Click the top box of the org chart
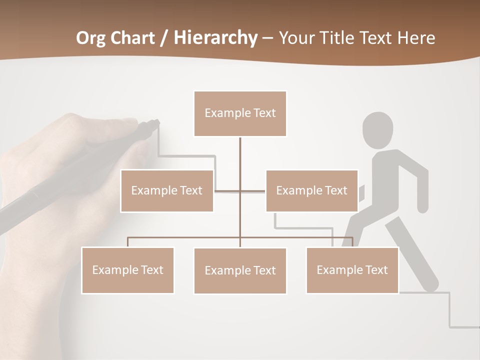240,113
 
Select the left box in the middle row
167,190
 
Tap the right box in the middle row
311,190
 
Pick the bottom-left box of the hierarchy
127,270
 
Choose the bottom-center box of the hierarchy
240,270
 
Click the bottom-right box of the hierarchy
352,270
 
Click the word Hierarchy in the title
215,38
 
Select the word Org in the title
91,38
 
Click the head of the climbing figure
377,130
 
